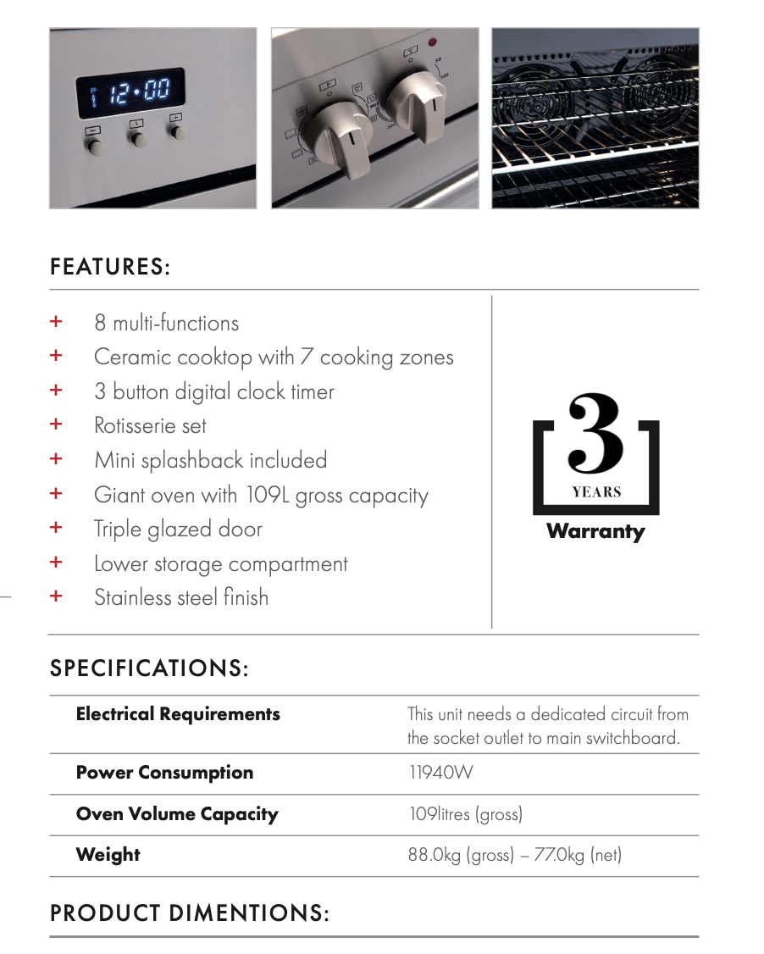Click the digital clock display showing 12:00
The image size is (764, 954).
pos(131,92)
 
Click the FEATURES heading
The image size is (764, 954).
pos(110,268)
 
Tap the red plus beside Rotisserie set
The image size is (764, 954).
pos(56,424)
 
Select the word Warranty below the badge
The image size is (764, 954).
pos(595,532)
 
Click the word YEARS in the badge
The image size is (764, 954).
pos(596,492)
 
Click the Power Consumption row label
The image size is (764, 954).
pos(164,773)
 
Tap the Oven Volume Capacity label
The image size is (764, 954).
pos(177,814)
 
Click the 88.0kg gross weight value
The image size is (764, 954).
pos(461,855)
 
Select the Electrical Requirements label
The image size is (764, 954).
pos(178,714)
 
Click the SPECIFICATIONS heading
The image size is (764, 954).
pos(149,668)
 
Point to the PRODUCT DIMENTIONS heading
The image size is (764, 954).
pos(189,913)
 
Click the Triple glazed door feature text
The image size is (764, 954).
pos(178,530)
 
